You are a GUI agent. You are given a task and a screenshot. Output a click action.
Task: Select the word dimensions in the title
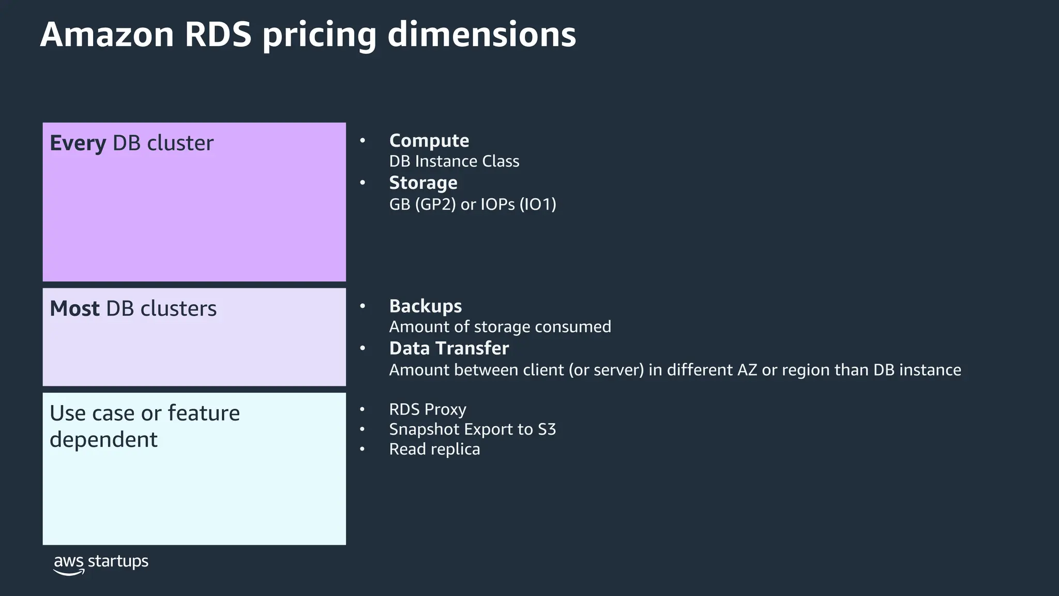pyautogui.click(x=481, y=35)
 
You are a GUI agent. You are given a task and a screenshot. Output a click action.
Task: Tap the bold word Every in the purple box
pyautogui.click(x=78, y=143)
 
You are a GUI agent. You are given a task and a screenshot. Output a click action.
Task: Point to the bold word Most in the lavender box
pyautogui.click(x=74, y=308)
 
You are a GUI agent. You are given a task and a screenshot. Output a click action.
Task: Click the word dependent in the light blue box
pyautogui.click(x=103, y=440)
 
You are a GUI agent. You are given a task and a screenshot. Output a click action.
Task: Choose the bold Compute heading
pyautogui.click(x=429, y=141)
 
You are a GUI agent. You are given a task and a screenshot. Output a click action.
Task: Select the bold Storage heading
pyautogui.click(x=423, y=183)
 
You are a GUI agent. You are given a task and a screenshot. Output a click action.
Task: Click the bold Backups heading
pyautogui.click(x=425, y=306)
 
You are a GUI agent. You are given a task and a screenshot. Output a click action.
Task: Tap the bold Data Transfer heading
pyautogui.click(x=449, y=348)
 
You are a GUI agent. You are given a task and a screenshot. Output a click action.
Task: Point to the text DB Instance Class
pyautogui.click(x=454, y=161)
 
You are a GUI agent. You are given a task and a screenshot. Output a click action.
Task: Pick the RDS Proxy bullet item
pyautogui.click(x=428, y=409)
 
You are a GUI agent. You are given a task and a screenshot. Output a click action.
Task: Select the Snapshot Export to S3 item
pyautogui.click(x=472, y=429)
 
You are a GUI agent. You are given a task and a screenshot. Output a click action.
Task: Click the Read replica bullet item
pyautogui.click(x=434, y=449)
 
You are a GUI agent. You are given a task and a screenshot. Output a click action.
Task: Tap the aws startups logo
pyautogui.click(x=101, y=563)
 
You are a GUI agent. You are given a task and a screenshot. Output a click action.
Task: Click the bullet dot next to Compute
pyautogui.click(x=362, y=140)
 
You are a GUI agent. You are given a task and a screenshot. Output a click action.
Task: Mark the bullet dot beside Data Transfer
pyautogui.click(x=362, y=348)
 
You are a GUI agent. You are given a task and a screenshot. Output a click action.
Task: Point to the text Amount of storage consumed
pyautogui.click(x=500, y=327)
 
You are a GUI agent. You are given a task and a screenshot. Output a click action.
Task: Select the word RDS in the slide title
pyautogui.click(x=218, y=35)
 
